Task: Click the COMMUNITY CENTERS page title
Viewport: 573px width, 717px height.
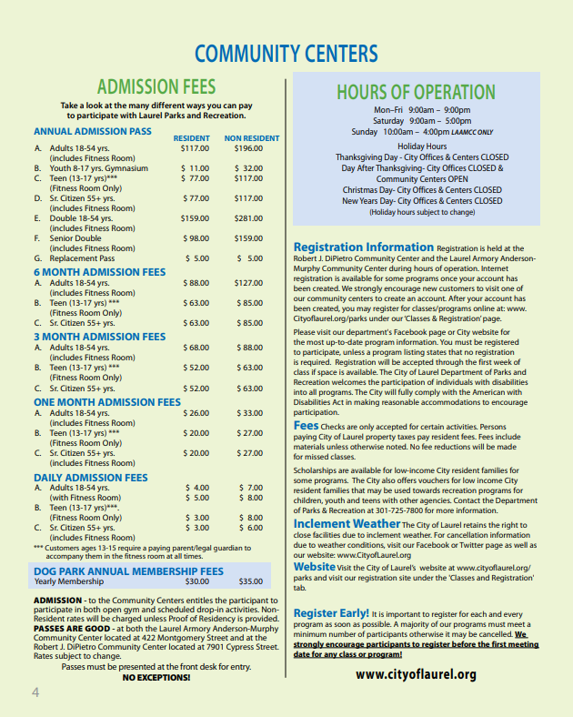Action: click(x=286, y=53)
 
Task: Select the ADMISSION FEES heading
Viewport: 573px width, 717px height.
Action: click(x=156, y=87)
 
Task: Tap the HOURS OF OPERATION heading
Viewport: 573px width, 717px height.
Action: click(x=416, y=92)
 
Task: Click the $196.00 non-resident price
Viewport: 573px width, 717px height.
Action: click(x=248, y=147)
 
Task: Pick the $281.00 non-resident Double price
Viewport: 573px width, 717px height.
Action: click(x=248, y=218)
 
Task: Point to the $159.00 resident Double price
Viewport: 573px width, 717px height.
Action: click(x=195, y=218)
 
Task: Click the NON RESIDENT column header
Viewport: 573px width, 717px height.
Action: click(x=252, y=137)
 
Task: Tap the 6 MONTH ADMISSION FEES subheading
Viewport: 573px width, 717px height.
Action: click(x=100, y=271)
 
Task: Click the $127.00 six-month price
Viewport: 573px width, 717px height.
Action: click(x=248, y=283)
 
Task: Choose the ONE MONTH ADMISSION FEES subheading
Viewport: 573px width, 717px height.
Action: click(x=107, y=401)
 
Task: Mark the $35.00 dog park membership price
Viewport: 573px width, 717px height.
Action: click(x=250, y=581)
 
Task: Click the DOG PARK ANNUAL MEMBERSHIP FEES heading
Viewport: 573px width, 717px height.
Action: click(x=128, y=571)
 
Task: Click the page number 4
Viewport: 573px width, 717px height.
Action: click(x=35, y=692)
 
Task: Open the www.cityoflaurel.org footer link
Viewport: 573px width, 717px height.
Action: click(x=416, y=674)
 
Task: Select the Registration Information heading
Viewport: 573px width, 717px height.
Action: click(x=363, y=247)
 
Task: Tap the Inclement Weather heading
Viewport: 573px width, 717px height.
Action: click(x=347, y=524)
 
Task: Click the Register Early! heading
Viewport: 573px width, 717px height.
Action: click(x=331, y=613)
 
